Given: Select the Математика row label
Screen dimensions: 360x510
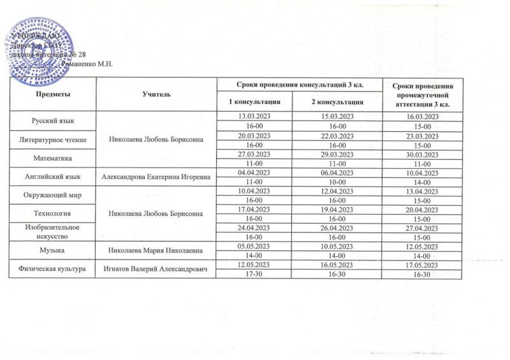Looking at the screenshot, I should tap(52, 156).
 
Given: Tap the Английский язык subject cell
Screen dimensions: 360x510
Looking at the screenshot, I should tap(52, 175).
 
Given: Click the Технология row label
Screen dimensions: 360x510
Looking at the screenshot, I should tap(52, 211).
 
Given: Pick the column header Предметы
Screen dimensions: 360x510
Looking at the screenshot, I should tap(52, 94).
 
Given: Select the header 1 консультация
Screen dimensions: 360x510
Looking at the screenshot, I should tap(254, 101).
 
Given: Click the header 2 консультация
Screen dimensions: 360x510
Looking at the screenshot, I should tap(337, 101).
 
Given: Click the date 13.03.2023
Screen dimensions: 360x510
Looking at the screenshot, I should tap(254, 115).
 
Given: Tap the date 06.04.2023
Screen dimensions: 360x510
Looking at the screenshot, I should tap(337, 170).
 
